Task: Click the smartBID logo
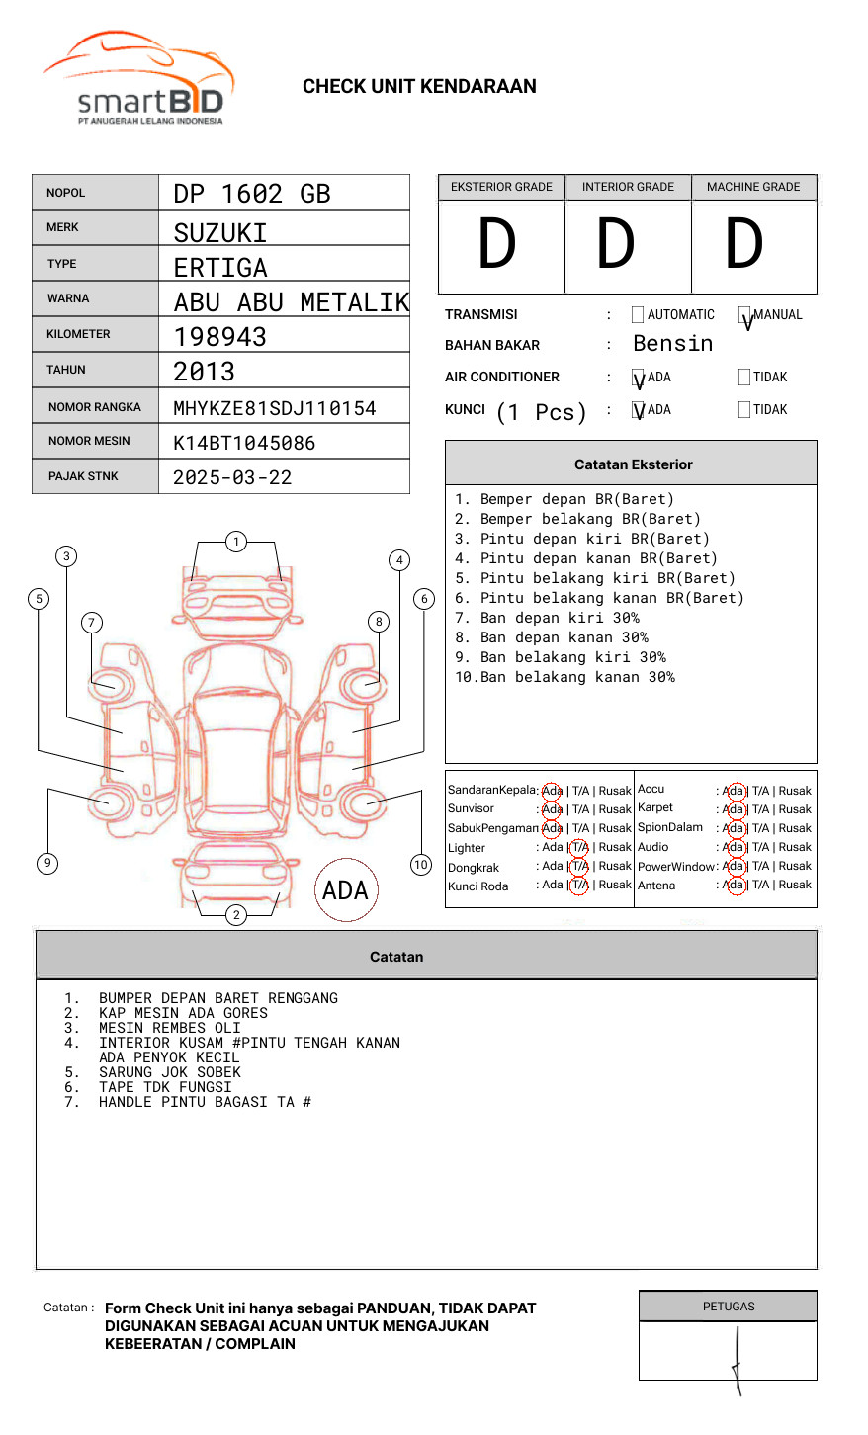tap(138, 79)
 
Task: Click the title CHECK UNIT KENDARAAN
tap(419, 87)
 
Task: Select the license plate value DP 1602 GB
tap(252, 194)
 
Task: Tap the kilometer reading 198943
tap(219, 337)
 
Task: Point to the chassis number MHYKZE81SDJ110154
tap(274, 408)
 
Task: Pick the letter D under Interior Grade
tap(615, 245)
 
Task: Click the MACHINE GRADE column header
tap(753, 187)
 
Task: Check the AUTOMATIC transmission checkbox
tap(638, 314)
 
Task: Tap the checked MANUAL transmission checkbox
tap(744, 315)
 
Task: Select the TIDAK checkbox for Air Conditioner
tap(744, 377)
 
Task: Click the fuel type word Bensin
tap(672, 344)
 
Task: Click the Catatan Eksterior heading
tap(633, 464)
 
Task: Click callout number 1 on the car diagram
tap(235, 542)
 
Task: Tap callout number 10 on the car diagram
tap(421, 865)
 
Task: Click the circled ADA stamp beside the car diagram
tap(345, 890)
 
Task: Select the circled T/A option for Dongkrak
tap(579, 867)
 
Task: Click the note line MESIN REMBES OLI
tap(169, 1028)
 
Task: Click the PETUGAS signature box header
tap(728, 1307)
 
